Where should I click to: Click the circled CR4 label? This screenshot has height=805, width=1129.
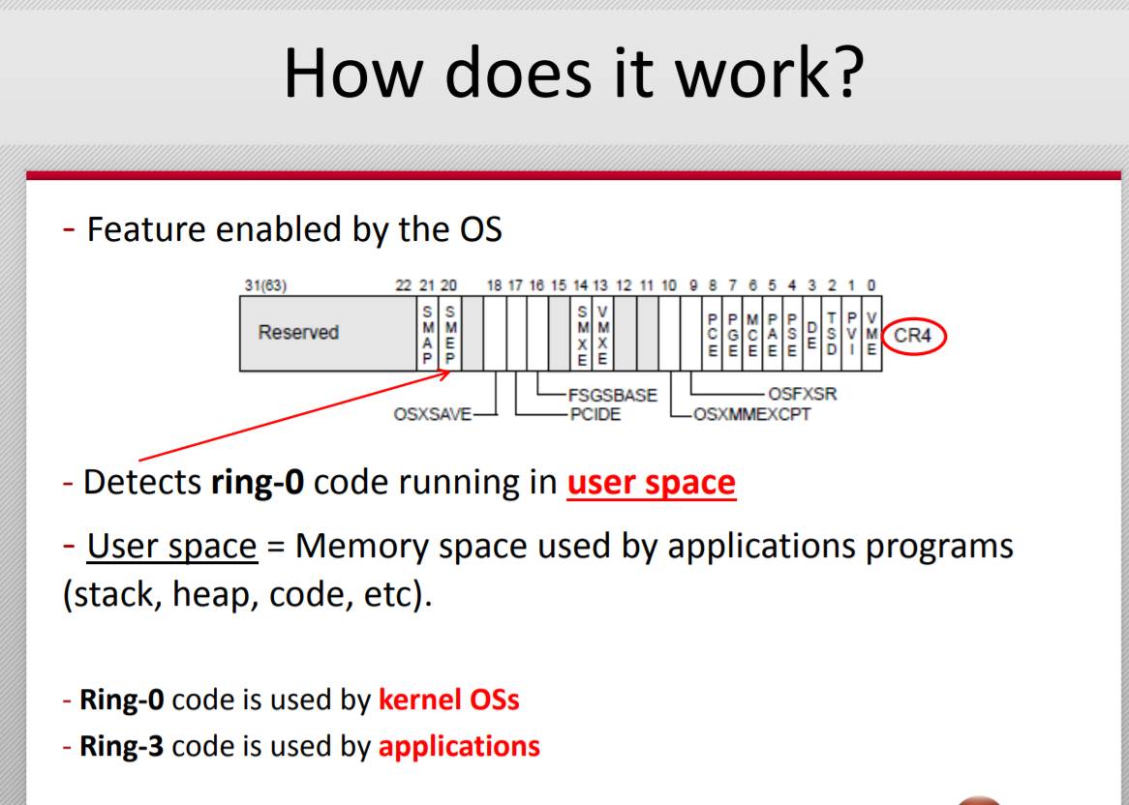pyautogui.click(x=913, y=336)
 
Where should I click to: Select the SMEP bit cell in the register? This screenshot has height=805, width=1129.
pyautogui.click(x=450, y=334)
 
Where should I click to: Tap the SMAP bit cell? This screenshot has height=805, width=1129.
pyautogui.click(x=428, y=334)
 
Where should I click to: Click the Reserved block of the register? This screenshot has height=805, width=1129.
pyautogui.click(x=328, y=334)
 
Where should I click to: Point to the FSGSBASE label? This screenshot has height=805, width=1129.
pyautogui.click(x=613, y=395)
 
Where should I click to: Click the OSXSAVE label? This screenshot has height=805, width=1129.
pyautogui.click(x=432, y=414)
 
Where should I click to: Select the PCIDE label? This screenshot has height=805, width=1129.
pyautogui.click(x=595, y=414)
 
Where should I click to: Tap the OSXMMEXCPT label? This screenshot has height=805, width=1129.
pyautogui.click(x=751, y=414)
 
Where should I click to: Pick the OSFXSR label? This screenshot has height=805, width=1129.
pyautogui.click(x=802, y=394)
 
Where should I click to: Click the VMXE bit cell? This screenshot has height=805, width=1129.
pyautogui.click(x=602, y=334)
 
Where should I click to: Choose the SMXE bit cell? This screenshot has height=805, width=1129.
pyautogui.click(x=582, y=334)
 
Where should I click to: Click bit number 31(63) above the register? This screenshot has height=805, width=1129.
pyautogui.click(x=265, y=285)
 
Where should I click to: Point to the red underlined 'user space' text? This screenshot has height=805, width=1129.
pyautogui.click(x=652, y=482)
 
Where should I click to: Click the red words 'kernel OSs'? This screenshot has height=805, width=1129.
pyautogui.click(x=448, y=700)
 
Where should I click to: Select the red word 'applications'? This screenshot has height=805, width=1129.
pyautogui.click(x=459, y=746)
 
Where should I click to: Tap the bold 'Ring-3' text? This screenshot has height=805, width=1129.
pyautogui.click(x=122, y=746)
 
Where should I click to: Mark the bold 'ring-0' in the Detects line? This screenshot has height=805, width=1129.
pyautogui.click(x=257, y=482)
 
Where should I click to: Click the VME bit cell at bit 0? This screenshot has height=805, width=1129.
pyautogui.click(x=871, y=334)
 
